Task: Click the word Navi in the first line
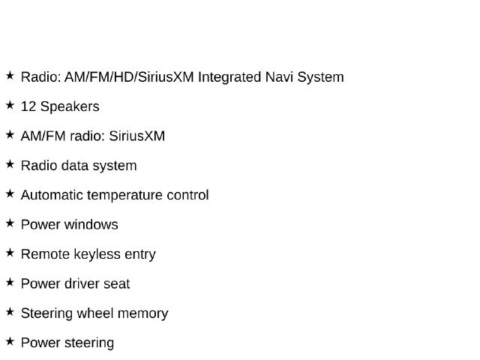(x=279, y=76)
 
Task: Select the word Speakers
(x=70, y=106)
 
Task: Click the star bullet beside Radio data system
(x=10, y=164)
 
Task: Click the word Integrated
(x=229, y=77)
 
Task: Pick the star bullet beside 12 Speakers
(x=10, y=105)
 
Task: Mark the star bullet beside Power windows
(x=10, y=223)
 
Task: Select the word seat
(x=117, y=283)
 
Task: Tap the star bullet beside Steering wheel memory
(x=10, y=312)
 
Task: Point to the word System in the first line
(x=320, y=77)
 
